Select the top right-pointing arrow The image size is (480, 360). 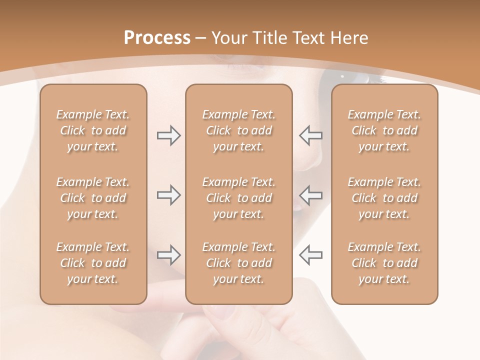[x=168, y=135]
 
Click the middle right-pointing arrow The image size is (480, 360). [x=168, y=195]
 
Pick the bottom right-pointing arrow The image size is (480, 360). [x=168, y=255]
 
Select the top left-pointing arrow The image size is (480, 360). [x=310, y=135]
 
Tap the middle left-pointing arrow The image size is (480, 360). [x=310, y=195]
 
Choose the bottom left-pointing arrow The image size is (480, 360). [x=310, y=255]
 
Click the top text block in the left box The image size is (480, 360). [x=93, y=130]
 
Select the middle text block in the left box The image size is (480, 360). [x=93, y=198]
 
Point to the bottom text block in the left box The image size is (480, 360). [x=93, y=263]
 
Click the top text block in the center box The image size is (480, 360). [x=238, y=130]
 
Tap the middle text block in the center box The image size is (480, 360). [x=238, y=198]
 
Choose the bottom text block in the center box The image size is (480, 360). [x=238, y=263]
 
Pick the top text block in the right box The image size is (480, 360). [x=384, y=130]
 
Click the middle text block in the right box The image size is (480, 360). [x=384, y=198]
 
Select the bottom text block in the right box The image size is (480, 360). [x=384, y=263]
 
